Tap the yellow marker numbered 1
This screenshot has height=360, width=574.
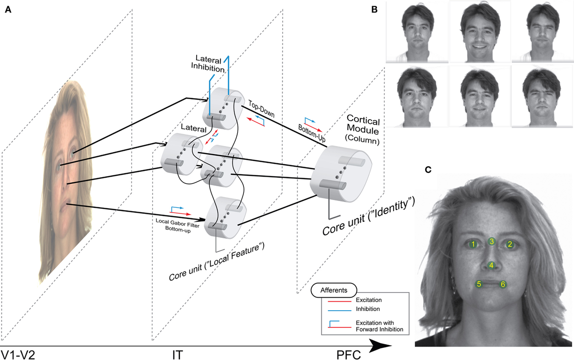pyautogui.click(x=473, y=244)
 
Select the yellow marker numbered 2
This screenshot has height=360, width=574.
pyautogui.click(x=510, y=244)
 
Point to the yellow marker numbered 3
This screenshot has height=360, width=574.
pyautogui.click(x=491, y=241)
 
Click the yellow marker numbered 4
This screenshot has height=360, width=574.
pyautogui.click(x=491, y=265)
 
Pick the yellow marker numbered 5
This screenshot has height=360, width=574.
pyautogui.click(x=478, y=284)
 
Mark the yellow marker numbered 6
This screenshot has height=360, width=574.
pyautogui.click(x=503, y=284)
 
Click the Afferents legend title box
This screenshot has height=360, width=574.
pyautogui.click(x=333, y=290)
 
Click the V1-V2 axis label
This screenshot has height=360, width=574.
pyautogui.click(x=17, y=354)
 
